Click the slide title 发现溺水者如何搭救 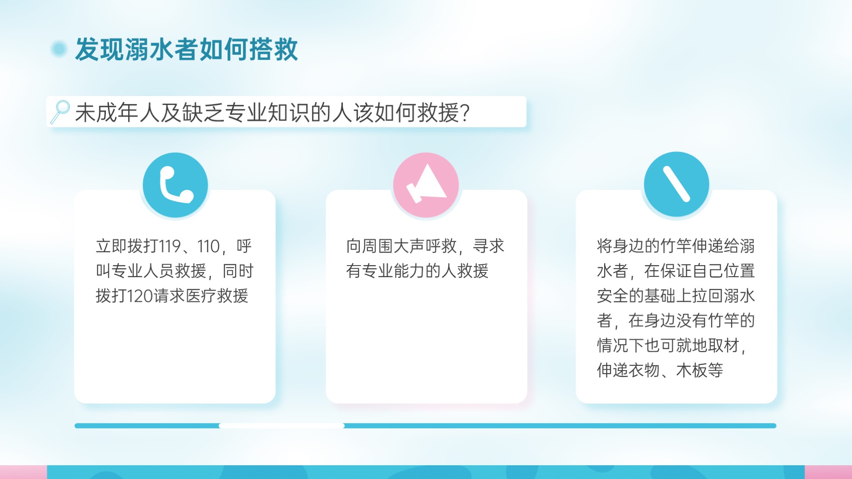[x=186, y=49]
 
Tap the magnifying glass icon [x=60, y=112]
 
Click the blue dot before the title [x=59, y=49]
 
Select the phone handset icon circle [x=175, y=185]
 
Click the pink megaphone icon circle [x=426, y=185]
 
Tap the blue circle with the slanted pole [x=676, y=184]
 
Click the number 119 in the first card [x=170, y=246]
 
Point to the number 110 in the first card [x=208, y=246]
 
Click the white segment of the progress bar [x=282, y=426]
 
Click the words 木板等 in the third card [x=700, y=370]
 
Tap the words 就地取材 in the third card [x=708, y=345]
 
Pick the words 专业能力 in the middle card [x=393, y=271]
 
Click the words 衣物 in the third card [x=644, y=370]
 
